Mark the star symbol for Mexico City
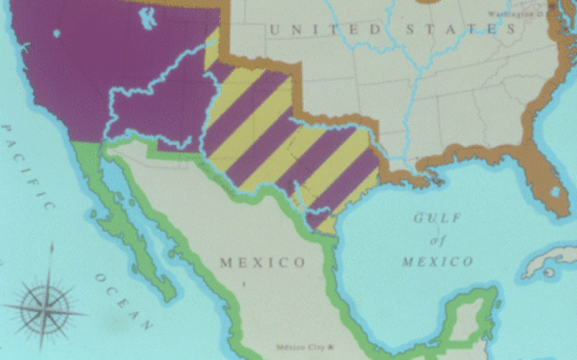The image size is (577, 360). point(331,346)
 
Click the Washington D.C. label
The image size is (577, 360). point(519,14)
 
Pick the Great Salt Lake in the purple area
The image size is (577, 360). point(146,17)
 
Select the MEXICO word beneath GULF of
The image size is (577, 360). point(437,262)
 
